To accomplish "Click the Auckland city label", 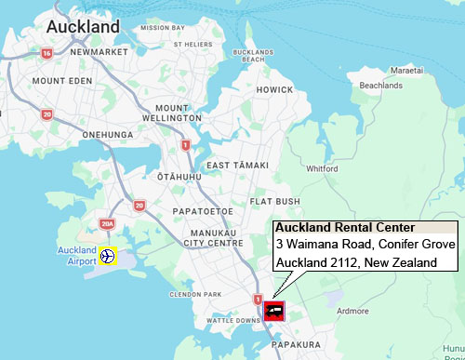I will click(x=83, y=27).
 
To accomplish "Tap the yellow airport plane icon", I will click(x=108, y=256).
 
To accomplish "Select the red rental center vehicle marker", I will click(x=273, y=310).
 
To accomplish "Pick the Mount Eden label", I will click(x=63, y=81).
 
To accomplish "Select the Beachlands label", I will click(x=380, y=86).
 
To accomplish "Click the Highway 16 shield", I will click(x=46, y=54).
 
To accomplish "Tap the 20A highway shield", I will click(x=106, y=224).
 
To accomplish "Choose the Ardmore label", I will click(x=352, y=311).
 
